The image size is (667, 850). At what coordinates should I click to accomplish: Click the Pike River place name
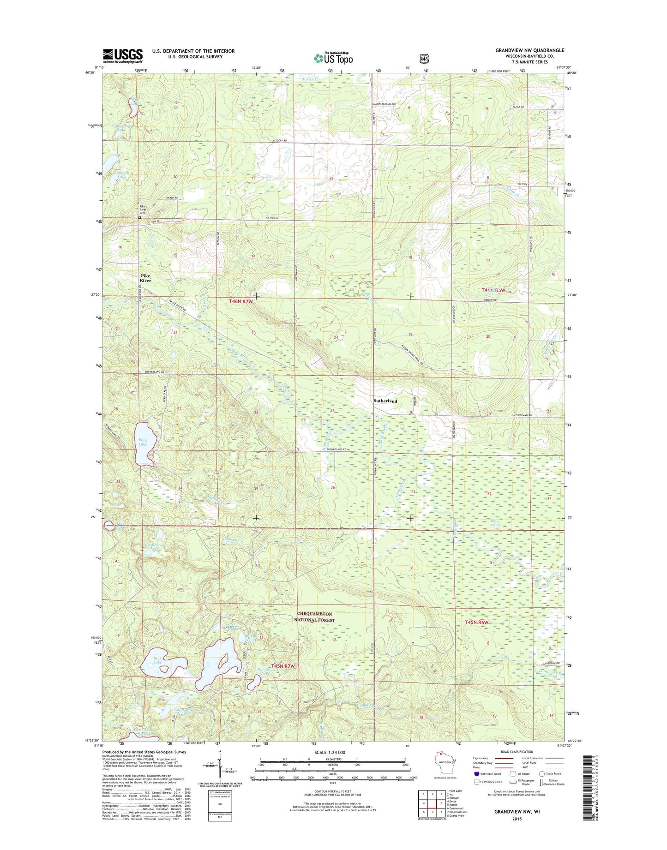[x=145, y=278]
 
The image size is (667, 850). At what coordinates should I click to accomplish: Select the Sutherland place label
[x=385, y=401]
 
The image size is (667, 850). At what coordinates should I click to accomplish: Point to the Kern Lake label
[x=143, y=442]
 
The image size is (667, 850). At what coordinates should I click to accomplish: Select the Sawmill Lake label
[x=121, y=175]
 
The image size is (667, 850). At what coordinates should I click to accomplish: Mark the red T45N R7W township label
[x=282, y=666]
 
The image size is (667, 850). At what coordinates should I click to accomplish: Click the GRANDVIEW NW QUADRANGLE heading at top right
[x=529, y=50]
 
